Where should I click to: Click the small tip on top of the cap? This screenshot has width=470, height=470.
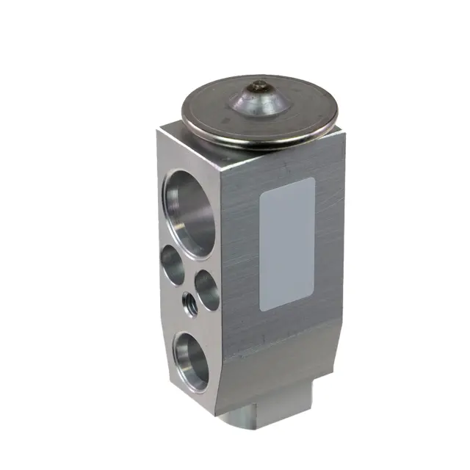[258, 87]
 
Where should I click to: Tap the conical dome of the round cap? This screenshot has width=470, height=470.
[258, 103]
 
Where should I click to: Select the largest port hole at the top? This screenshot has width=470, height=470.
[190, 212]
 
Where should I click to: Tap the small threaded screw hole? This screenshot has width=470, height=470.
[188, 301]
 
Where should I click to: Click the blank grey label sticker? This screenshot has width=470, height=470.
[289, 243]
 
